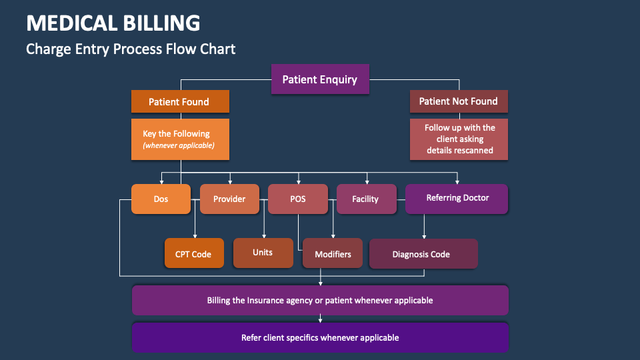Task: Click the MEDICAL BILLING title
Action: coord(113,23)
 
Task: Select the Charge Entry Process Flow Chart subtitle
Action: coord(131,49)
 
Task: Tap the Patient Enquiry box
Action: coord(320,79)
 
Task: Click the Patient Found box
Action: coord(180,102)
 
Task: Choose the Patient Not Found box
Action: coord(458,101)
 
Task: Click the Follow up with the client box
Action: coord(459,139)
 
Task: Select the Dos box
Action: coord(161,199)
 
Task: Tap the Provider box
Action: coord(229,199)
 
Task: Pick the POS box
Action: coord(298,199)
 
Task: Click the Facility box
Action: coord(365,199)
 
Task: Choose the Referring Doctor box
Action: coord(457,198)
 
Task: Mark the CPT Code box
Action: coord(193,254)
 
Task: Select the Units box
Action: coord(263,253)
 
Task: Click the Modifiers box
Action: coord(333,254)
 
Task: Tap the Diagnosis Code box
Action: coord(423,254)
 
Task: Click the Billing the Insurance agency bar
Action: coord(320,300)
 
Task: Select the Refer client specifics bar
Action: coord(320,337)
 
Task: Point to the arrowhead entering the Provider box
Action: coord(230,181)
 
